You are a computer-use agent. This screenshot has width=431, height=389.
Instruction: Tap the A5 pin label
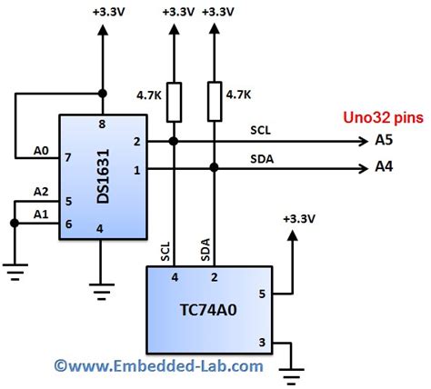coord(385,141)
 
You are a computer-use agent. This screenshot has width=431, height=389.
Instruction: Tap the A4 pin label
coord(385,167)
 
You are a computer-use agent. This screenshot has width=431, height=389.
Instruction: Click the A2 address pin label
coord(40,192)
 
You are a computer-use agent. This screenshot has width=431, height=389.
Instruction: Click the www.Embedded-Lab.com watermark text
coord(159,366)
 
